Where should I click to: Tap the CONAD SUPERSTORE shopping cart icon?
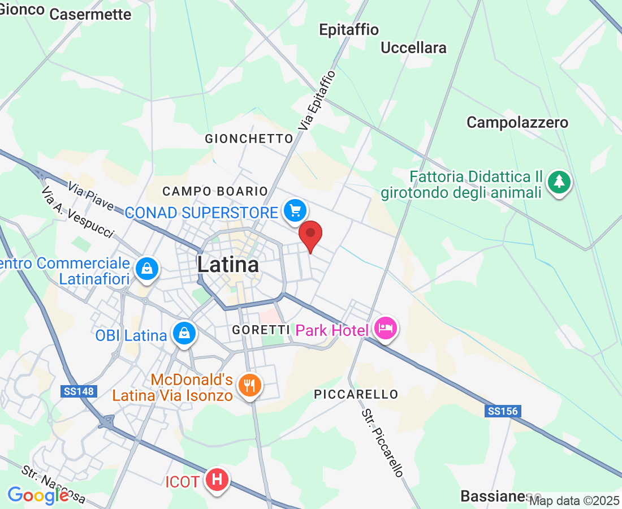tap(295, 212)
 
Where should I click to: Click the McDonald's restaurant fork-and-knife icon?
tap(249, 386)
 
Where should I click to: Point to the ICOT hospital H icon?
tap(217, 480)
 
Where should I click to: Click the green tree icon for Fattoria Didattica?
tap(559, 182)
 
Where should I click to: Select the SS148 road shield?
tap(78, 391)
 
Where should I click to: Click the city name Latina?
tap(228, 264)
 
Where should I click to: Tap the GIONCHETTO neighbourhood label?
tap(249, 139)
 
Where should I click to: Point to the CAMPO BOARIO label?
tap(215, 192)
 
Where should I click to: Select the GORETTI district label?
tap(261, 330)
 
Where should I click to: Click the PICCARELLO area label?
tap(356, 394)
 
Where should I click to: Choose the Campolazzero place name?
tap(517, 122)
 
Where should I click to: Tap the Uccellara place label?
tap(413, 48)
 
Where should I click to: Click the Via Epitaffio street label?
tap(321, 101)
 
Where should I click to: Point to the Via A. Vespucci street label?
tap(77, 212)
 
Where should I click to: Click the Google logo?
tap(38, 495)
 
